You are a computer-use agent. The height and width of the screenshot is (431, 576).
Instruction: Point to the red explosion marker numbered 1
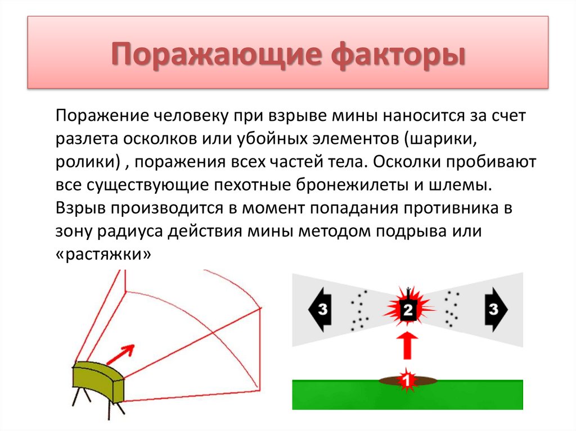click(407, 380)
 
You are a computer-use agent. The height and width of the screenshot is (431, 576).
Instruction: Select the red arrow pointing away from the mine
click(121, 354)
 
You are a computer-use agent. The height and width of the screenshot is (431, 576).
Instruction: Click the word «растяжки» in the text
click(104, 254)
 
